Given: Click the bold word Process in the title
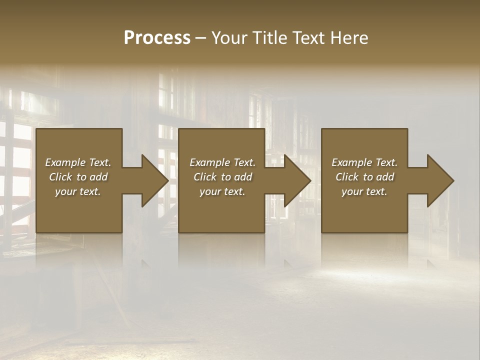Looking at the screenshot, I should [x=157, y=38].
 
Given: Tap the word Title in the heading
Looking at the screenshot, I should [x=270, y=38].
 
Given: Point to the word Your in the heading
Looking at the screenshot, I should [x=230, y=38].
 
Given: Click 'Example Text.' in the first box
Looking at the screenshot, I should [x=78, y=162].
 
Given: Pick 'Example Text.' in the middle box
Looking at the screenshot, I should [x=222, y=162].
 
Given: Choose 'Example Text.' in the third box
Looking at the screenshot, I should [x=364, y=162].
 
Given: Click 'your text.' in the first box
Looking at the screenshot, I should [x=78, y=191].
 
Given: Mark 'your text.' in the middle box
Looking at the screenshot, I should [x=222, y=191].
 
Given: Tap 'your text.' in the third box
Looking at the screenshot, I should [x=364, y=191].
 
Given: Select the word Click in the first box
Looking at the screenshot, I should [x=60, y=177].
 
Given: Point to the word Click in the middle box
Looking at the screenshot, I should [x=205, y=177].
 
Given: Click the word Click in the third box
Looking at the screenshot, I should [x=347, y=177].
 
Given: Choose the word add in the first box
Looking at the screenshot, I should [x=99, y=177].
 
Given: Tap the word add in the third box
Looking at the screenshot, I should [x=385, y=177].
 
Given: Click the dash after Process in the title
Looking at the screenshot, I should [x=201, y=38].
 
